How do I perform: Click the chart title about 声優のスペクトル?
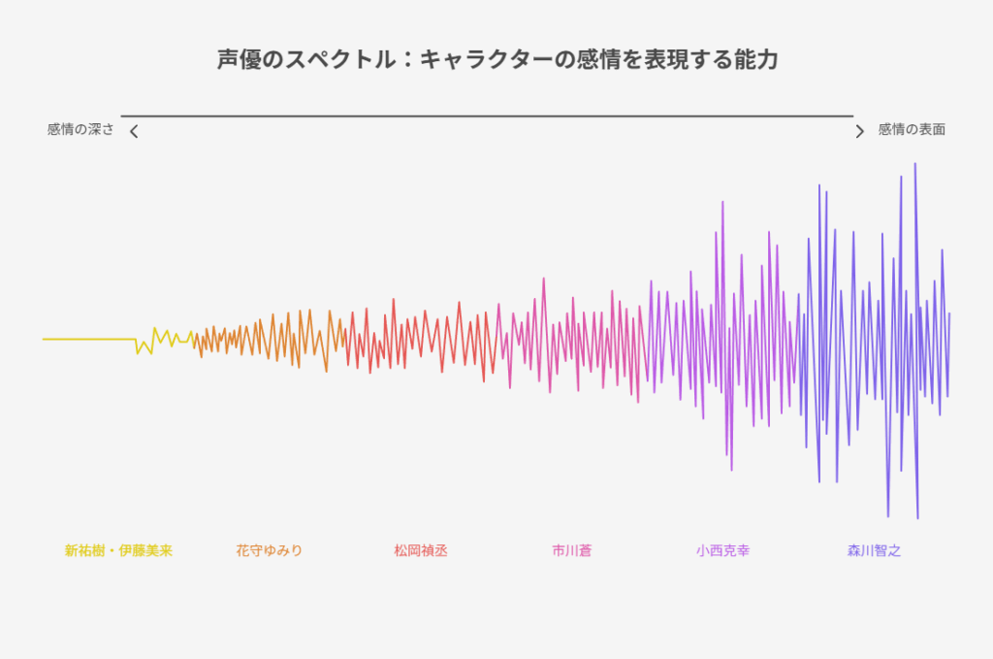click(497, 59)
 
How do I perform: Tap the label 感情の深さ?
click(80, 129)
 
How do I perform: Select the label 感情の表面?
click(912, 129)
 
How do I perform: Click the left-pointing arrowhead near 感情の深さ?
click(134, 131)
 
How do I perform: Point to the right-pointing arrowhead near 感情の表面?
click(859, 131)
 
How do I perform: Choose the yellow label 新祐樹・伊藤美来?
click(118, 550)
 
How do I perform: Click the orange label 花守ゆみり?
click(270, 550)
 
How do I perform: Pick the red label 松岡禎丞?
click(421, 550)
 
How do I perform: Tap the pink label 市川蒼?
click(571, 550)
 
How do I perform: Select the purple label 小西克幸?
click(722, 550)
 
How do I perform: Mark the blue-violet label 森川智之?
click(874, 550)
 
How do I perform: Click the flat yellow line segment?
click(89, 339)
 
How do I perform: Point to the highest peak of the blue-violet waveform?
click(915, 163)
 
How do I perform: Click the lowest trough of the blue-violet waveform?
click(917, 518)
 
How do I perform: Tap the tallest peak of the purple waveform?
click(722, 202)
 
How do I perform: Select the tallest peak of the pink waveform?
click(543, 279)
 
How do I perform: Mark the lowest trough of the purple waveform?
click(731, 470)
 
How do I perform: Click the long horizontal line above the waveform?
click(487, 115)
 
